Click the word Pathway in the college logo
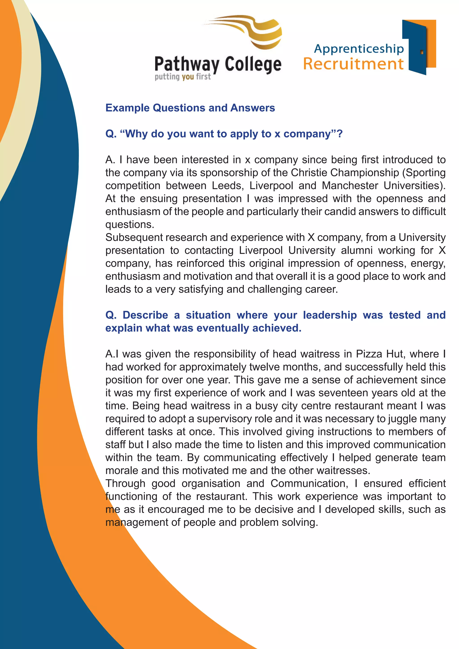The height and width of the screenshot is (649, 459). click(x=187, y=65)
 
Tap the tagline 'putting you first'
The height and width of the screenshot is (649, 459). click(x=182, y=77)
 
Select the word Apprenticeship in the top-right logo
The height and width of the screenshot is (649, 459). click(x=359, y=49)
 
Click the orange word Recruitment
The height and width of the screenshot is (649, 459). click(x=353, y=64)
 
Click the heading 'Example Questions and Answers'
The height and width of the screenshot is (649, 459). click(x=190, y=108)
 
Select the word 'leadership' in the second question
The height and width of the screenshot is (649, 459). click(x=330, y=315)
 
